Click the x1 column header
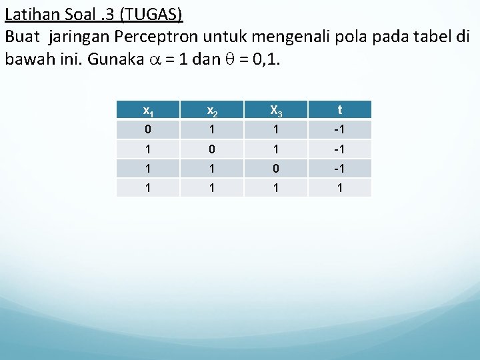(x=147, y=110)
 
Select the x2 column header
(x=211, y=110)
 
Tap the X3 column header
(x=275, y=110)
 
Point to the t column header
(x=340, y=110)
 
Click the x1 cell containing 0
(x=147, y=129)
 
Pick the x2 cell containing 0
(x=211, y=148)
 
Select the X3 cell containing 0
(x=275, y=167)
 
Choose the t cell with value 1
(x=340, y=187)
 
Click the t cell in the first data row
(x=340, y=129)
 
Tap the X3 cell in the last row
(x=275, y=187)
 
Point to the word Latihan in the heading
(x=31, y=14)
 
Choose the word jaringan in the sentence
(x=73, y=36)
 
